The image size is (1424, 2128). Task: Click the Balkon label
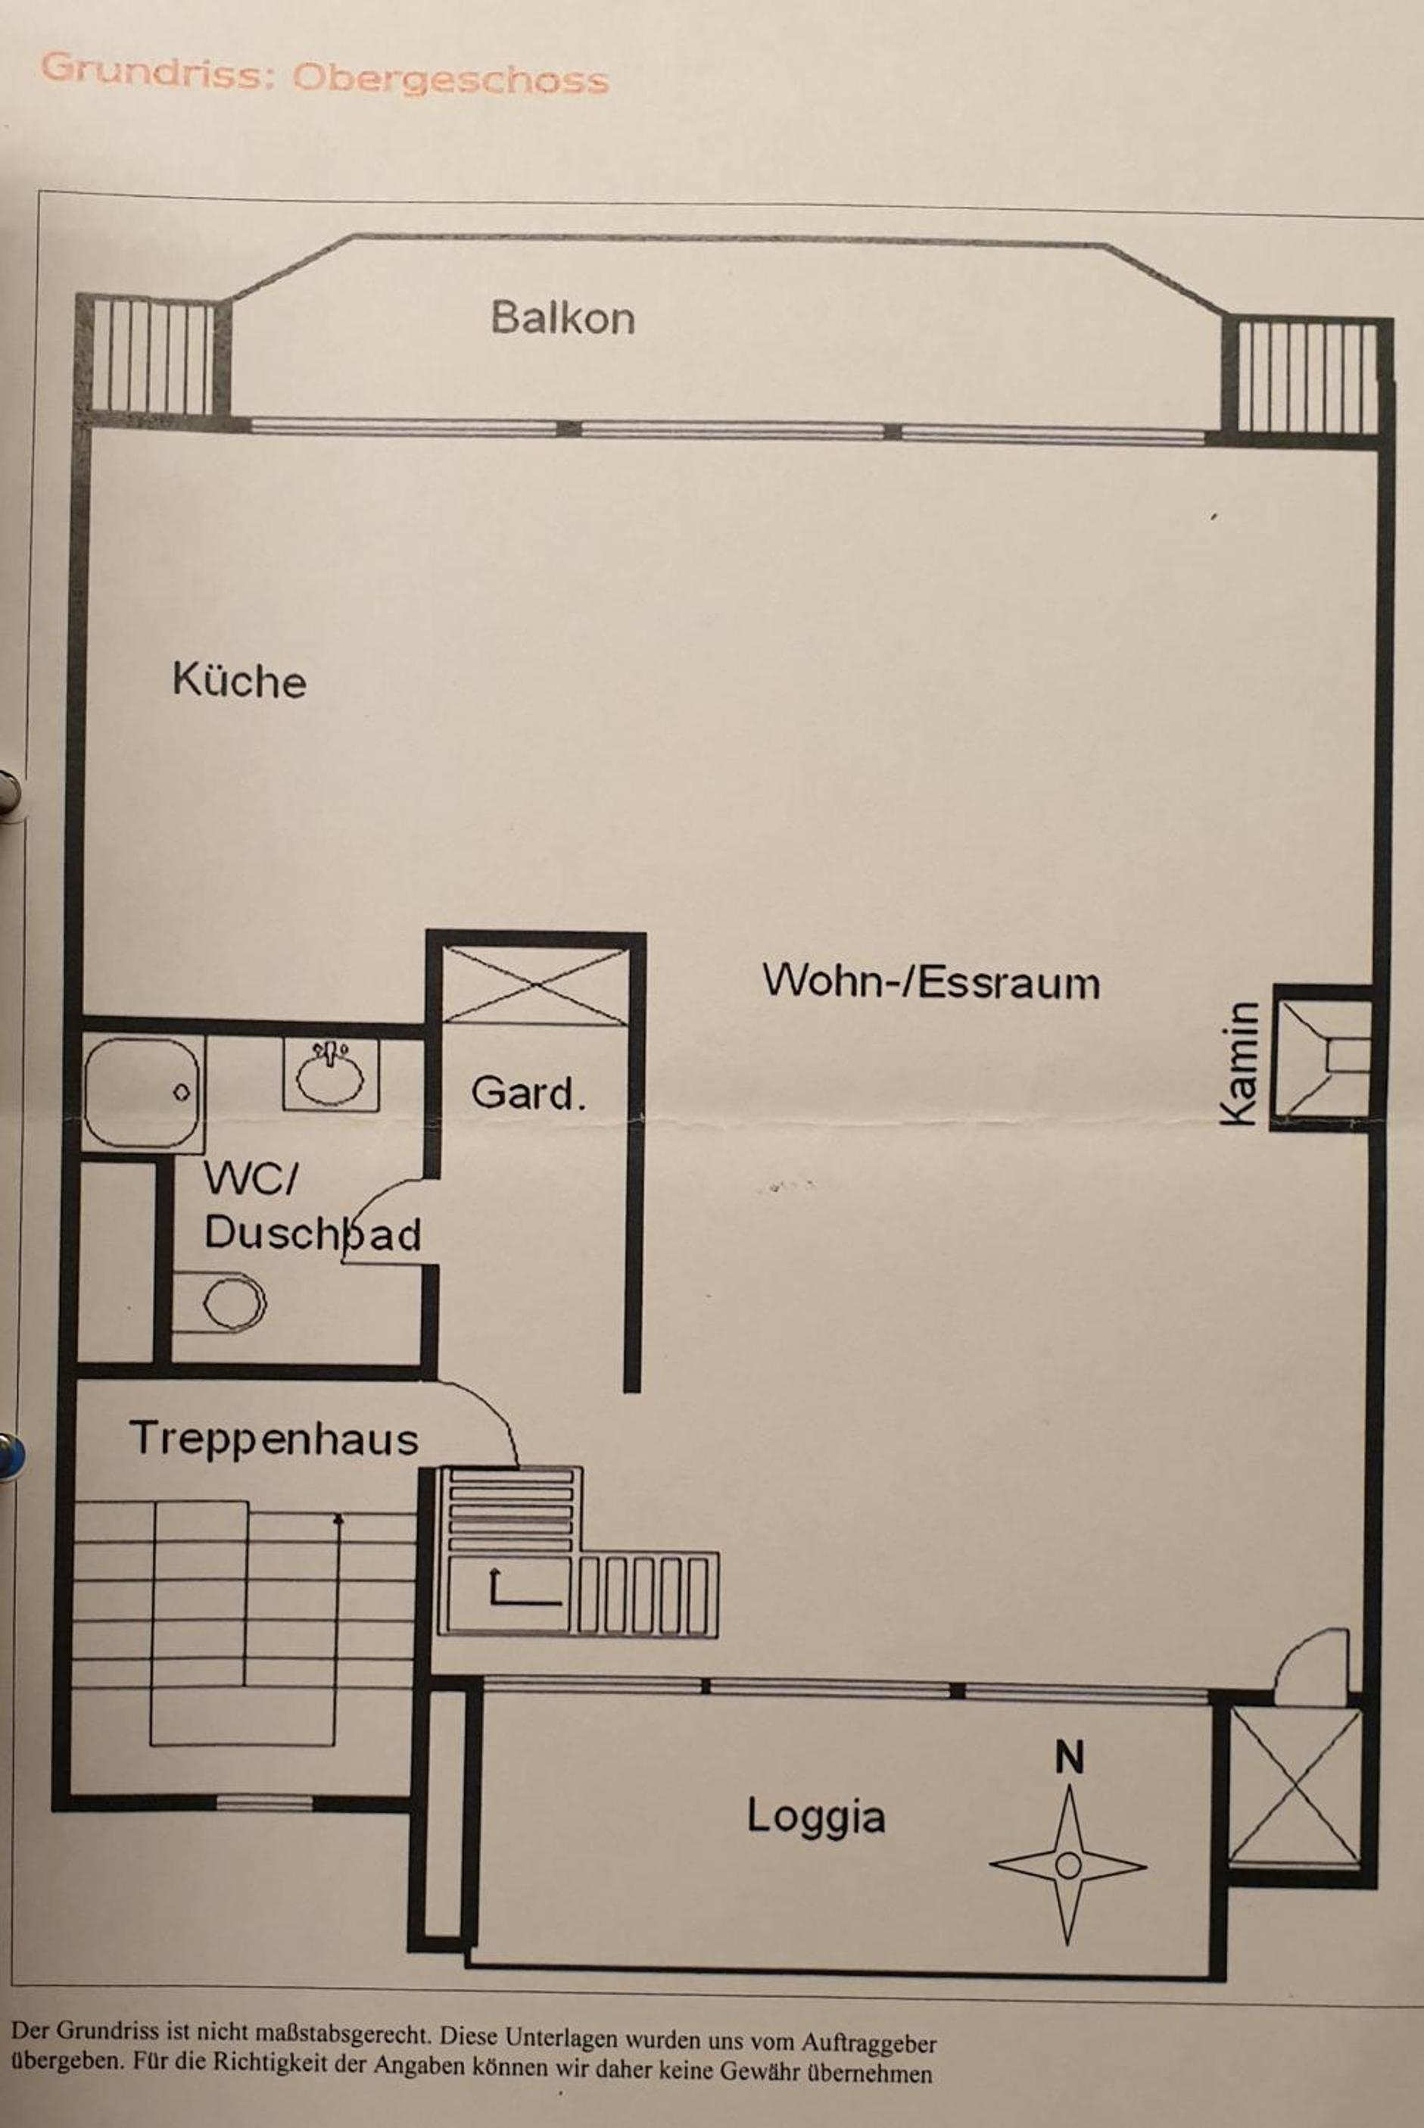[x=562, y=318]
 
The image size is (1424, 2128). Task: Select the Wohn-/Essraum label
[x=931, y=981]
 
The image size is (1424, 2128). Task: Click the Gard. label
[x=528, y=1093]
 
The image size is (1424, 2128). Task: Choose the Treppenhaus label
[x=273, y=1440]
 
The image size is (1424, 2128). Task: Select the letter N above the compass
[x=1070, y=1759]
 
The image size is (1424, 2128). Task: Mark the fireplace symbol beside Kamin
[x=1321, y=1057]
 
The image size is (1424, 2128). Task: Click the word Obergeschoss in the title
[x=450, y=79]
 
